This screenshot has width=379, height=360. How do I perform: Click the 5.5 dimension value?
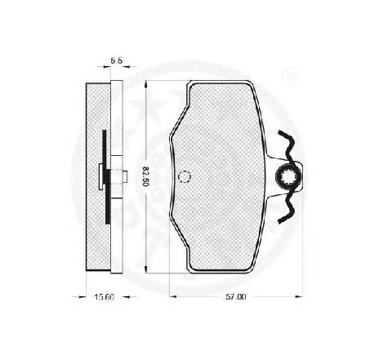117,61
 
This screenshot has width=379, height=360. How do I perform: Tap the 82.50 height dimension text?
145,176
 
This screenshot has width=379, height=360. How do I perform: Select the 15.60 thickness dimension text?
105,297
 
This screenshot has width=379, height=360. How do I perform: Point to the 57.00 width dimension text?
236,296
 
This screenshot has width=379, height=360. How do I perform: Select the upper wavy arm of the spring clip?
287,144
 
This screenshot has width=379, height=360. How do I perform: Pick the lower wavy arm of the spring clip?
287,207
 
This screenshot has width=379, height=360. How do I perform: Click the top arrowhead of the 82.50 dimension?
146,84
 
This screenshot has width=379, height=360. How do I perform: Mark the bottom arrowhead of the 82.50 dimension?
146,269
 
